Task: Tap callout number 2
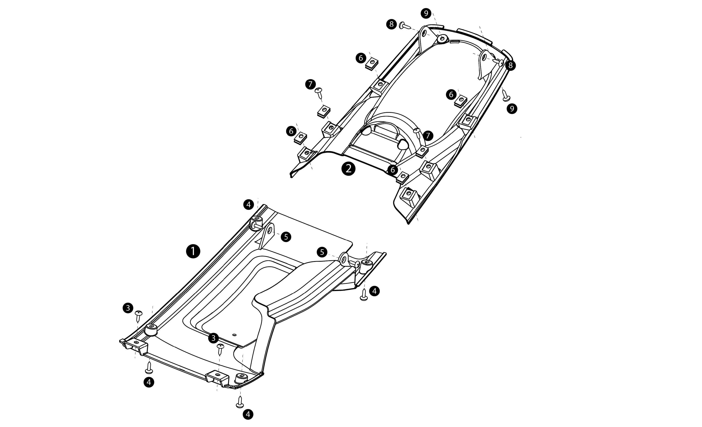tap(348, 169)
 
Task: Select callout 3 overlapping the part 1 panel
tap(213, 338)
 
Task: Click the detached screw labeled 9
tap(505, 95)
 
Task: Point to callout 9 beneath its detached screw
tap(512, 109)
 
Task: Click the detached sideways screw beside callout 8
tap(405, 26)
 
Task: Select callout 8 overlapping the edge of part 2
tap(510, 65)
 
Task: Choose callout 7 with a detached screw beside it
tap(310, 84)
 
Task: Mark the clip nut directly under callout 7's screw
tap(324, 110)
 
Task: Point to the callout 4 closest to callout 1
tap(249, 204)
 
